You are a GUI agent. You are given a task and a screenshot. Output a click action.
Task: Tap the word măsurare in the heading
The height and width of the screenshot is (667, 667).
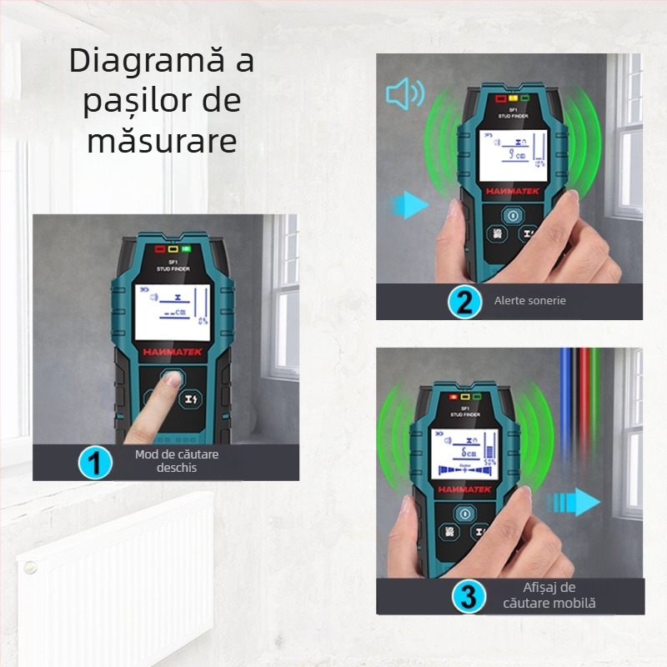162,140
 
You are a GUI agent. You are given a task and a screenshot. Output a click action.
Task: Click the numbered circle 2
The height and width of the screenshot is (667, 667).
463,301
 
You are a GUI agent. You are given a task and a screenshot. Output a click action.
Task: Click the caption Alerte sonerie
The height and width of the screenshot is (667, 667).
529,300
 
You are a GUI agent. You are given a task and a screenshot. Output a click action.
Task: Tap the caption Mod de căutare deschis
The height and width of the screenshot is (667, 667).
177,461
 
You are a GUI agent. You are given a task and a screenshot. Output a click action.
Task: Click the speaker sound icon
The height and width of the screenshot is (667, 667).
404,94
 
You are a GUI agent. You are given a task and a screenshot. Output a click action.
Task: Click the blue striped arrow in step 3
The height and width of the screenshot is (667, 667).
575,502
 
